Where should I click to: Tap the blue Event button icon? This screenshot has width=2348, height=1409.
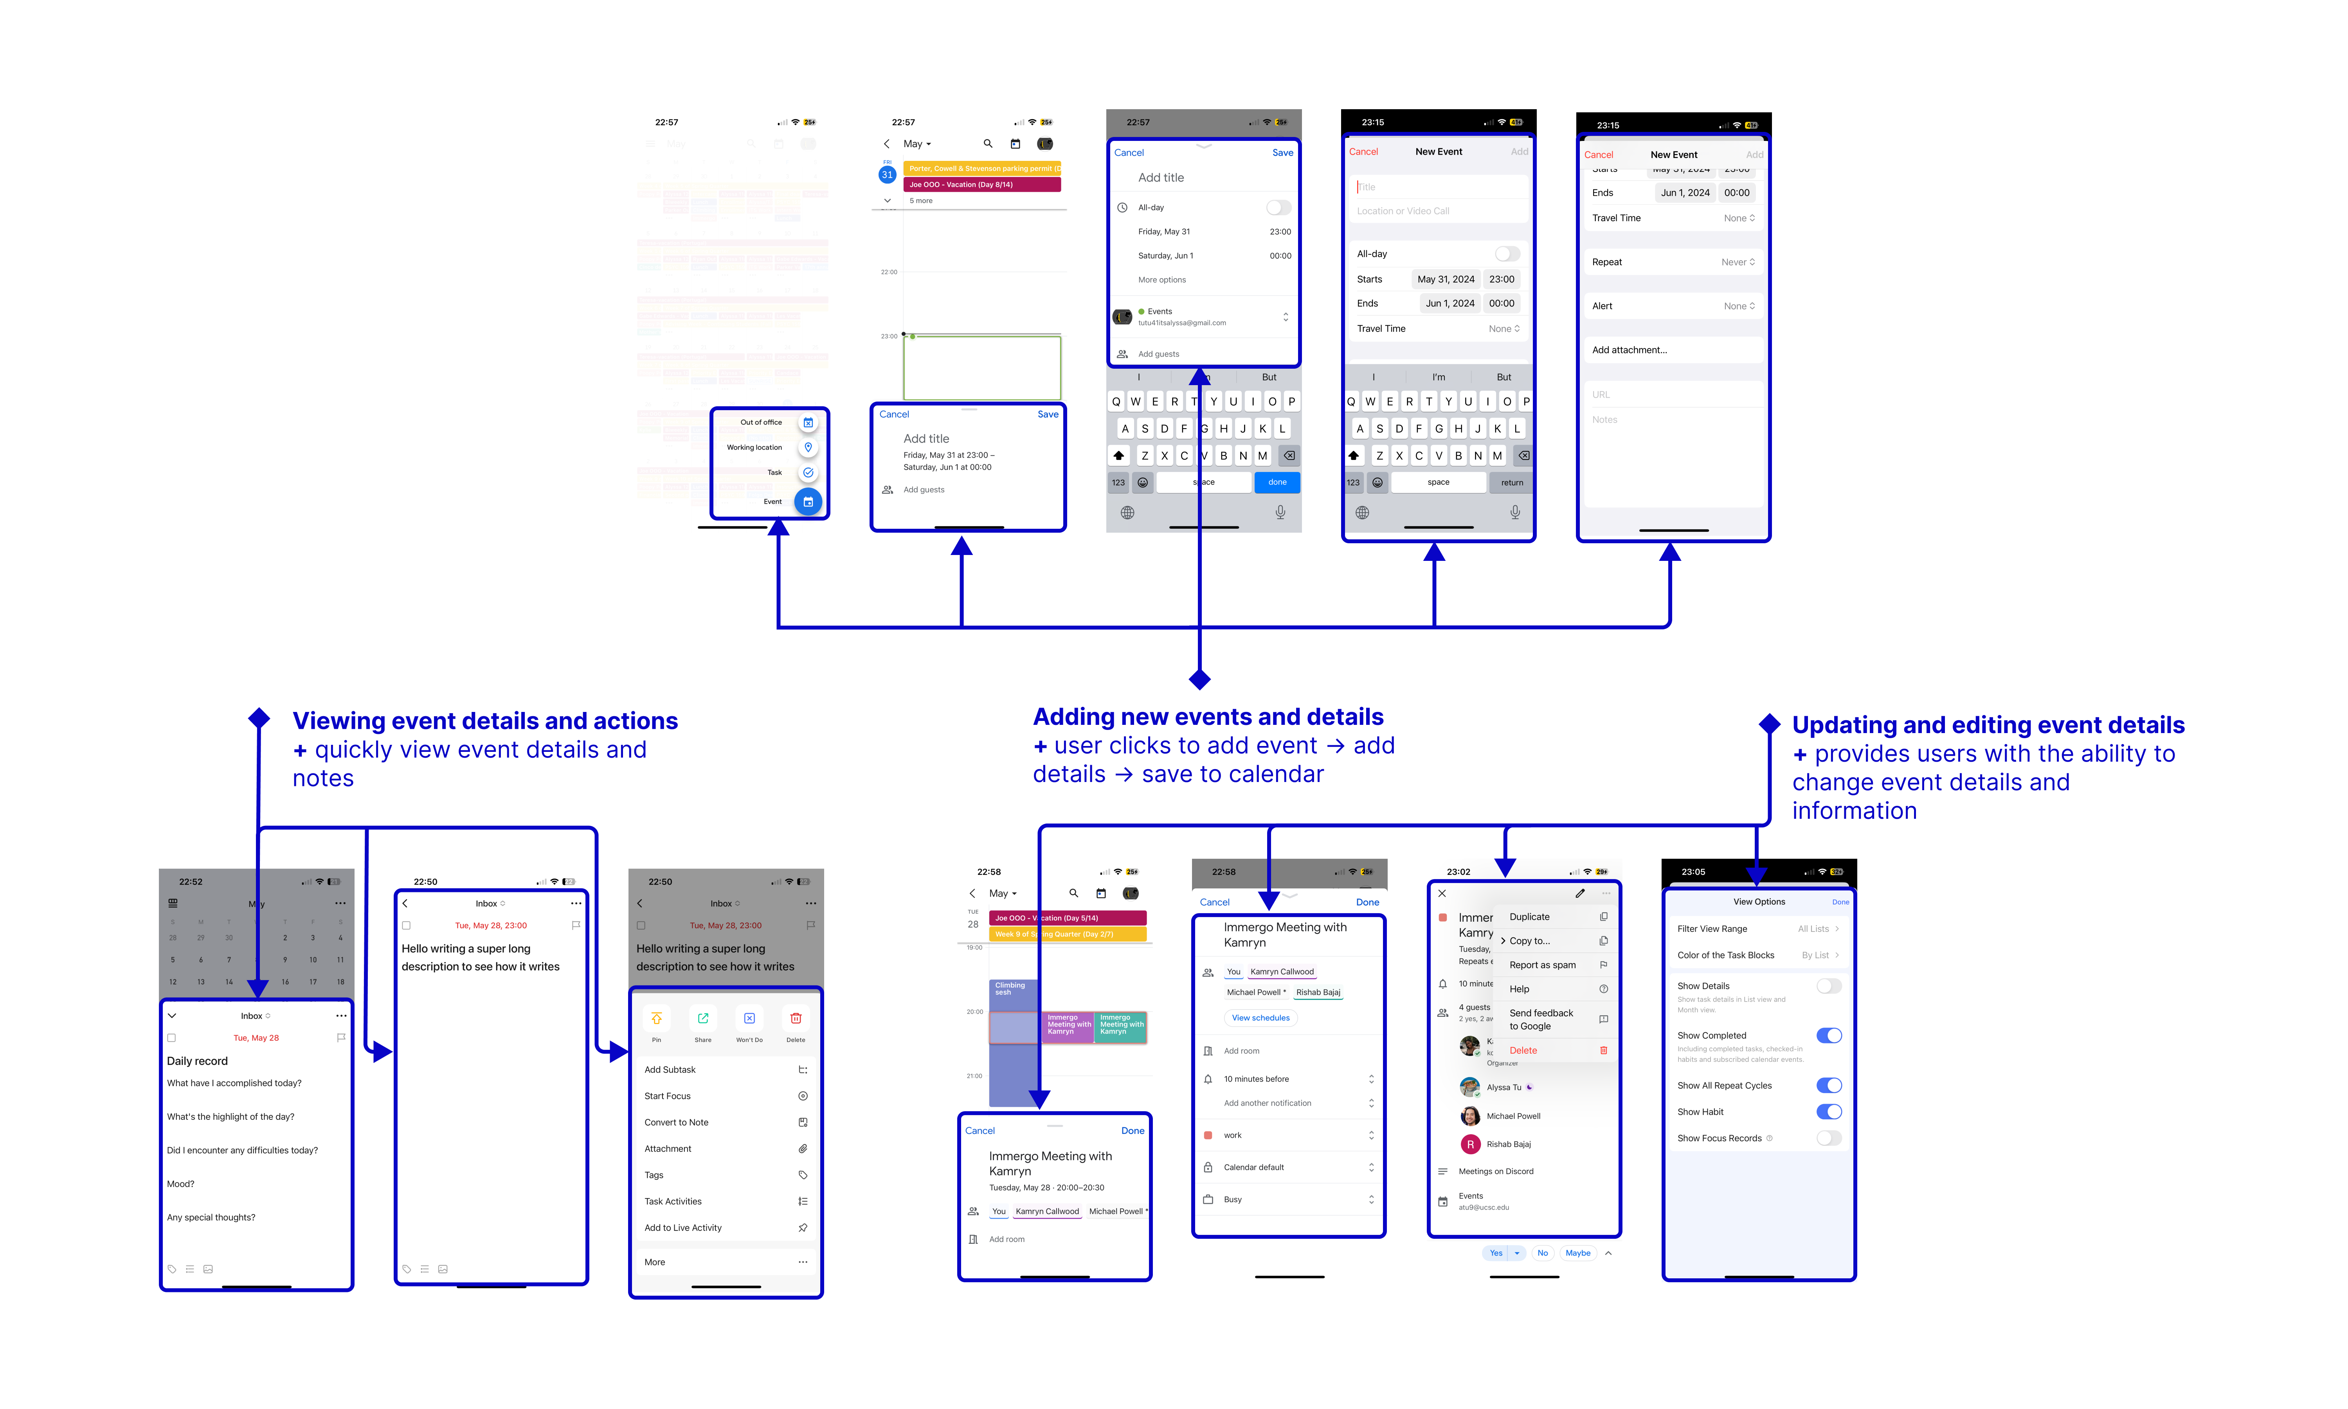point(808,501)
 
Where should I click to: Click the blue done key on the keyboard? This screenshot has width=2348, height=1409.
point(1277,482)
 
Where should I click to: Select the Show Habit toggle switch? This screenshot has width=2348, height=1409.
point(1828,1112)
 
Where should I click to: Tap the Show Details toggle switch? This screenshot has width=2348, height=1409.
point(1828,986)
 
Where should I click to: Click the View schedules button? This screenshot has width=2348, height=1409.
point(1260,1018)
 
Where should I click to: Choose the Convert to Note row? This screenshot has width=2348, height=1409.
point(677,1122)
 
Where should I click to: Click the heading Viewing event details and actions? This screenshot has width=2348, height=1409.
point(485,722)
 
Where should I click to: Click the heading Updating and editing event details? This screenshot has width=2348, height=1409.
point(1987,725)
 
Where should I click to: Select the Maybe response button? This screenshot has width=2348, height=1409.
point(1577,1253)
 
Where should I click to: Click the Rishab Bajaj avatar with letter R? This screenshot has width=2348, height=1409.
point(1470,1144)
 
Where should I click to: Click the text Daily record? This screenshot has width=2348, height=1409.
point(197,1061)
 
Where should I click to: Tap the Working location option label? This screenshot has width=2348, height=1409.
point(754,447)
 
